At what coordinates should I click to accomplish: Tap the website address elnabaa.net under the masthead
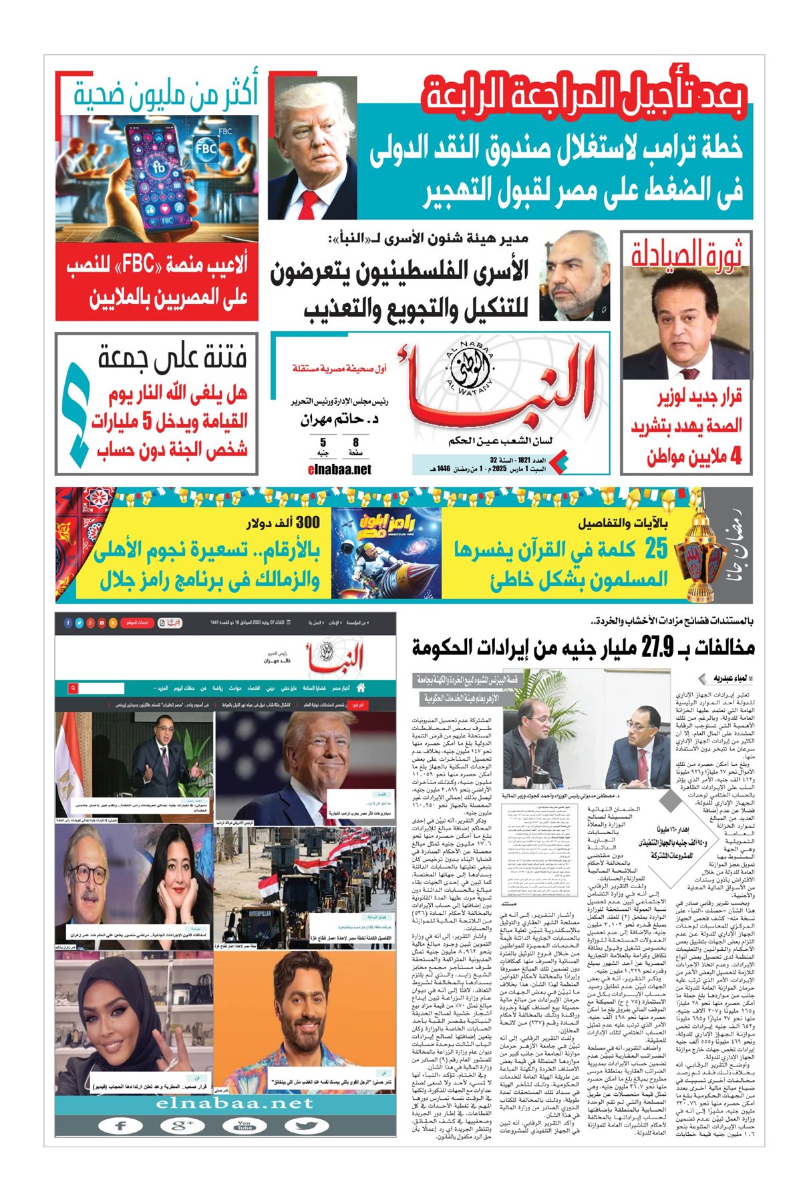[339, 469]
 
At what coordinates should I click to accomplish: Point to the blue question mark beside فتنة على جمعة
[75, 413]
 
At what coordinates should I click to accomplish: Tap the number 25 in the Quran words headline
[655, 548]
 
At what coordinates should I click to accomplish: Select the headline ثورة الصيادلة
[687, 254]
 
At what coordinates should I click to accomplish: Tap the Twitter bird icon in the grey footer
[306, 1125]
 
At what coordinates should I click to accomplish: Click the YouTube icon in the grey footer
[245, 1125]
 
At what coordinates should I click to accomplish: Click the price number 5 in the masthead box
[323, 442]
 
